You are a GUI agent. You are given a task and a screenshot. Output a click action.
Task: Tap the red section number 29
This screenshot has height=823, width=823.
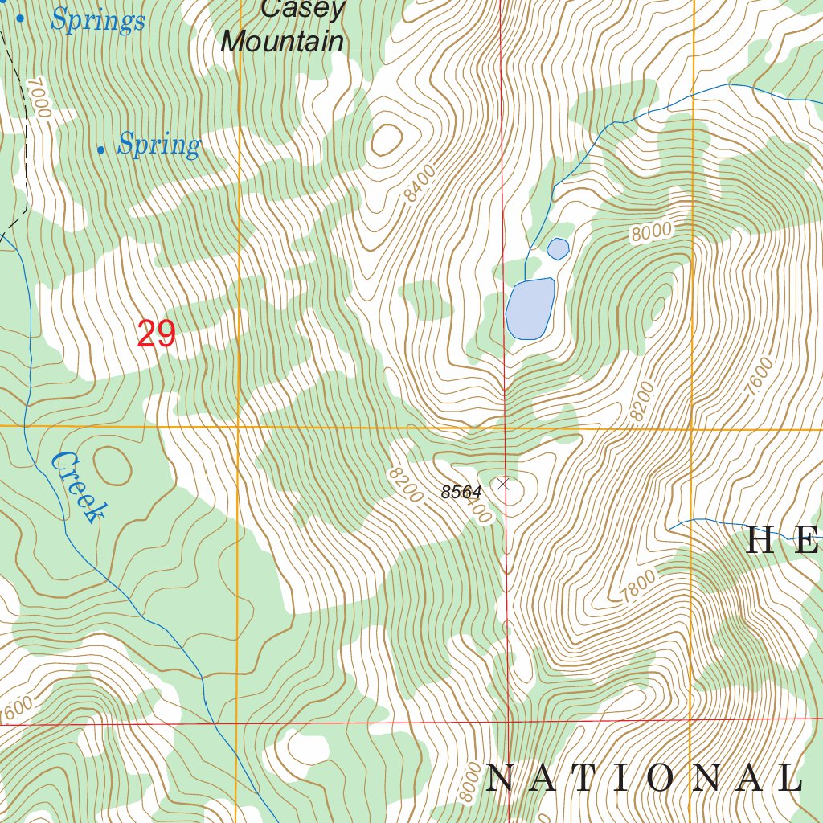(x=156, y=334)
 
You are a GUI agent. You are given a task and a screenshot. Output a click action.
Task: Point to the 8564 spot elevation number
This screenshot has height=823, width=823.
(x=461, y=493)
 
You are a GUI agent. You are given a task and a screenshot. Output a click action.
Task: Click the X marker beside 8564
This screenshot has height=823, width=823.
(x=503, y=484)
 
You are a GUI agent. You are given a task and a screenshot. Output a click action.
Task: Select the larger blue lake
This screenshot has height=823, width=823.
(x=530, y=309)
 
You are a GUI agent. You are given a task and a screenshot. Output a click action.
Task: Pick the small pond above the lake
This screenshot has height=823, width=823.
(x=558, y=249)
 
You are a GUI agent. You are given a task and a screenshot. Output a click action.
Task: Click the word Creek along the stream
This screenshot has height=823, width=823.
(x=77, y=487)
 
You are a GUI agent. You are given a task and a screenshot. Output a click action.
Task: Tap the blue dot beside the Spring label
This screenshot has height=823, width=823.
(x=100, y=149)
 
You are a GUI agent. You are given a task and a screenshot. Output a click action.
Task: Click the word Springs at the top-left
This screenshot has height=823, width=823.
(x=97, y=20)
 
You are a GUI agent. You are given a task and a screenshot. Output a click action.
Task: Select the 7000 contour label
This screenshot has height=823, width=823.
(x=38, y=98)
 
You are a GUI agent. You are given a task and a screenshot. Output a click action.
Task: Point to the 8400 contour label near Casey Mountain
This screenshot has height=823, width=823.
(x=420, y=182)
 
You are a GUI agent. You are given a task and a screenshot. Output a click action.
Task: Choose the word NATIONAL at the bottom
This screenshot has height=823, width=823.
(x=644, y=778)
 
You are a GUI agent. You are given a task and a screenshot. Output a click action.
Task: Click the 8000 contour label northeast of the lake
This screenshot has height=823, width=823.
(x=650, y=232)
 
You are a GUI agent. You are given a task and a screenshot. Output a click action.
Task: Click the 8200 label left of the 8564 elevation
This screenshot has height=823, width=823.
(x=404, y=485)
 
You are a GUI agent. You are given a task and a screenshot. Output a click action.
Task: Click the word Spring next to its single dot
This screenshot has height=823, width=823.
(x=158, y=145)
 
